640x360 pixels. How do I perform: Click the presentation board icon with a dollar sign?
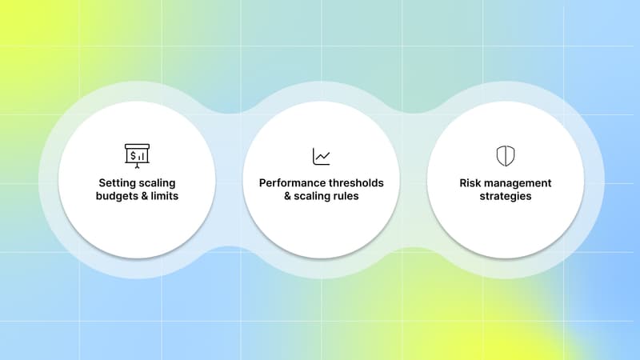pyautogui.click(x=136, y=155)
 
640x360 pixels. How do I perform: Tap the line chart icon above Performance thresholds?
pyautogui.click(x=321, y=156)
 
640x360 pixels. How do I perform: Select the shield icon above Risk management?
pyautogui.click(x=506, y=155)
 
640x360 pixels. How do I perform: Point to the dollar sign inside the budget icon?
pyautogui.click(x=133, y=154)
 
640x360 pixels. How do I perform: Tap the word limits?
pyautogui.click(x=164, y=196)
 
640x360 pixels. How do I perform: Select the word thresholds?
pyautogui.click(x=354, y=182)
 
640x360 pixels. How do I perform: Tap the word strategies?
pyautogui.click(x=506, y=196)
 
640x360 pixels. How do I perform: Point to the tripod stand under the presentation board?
pyautogui.click(x=136, y=165)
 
